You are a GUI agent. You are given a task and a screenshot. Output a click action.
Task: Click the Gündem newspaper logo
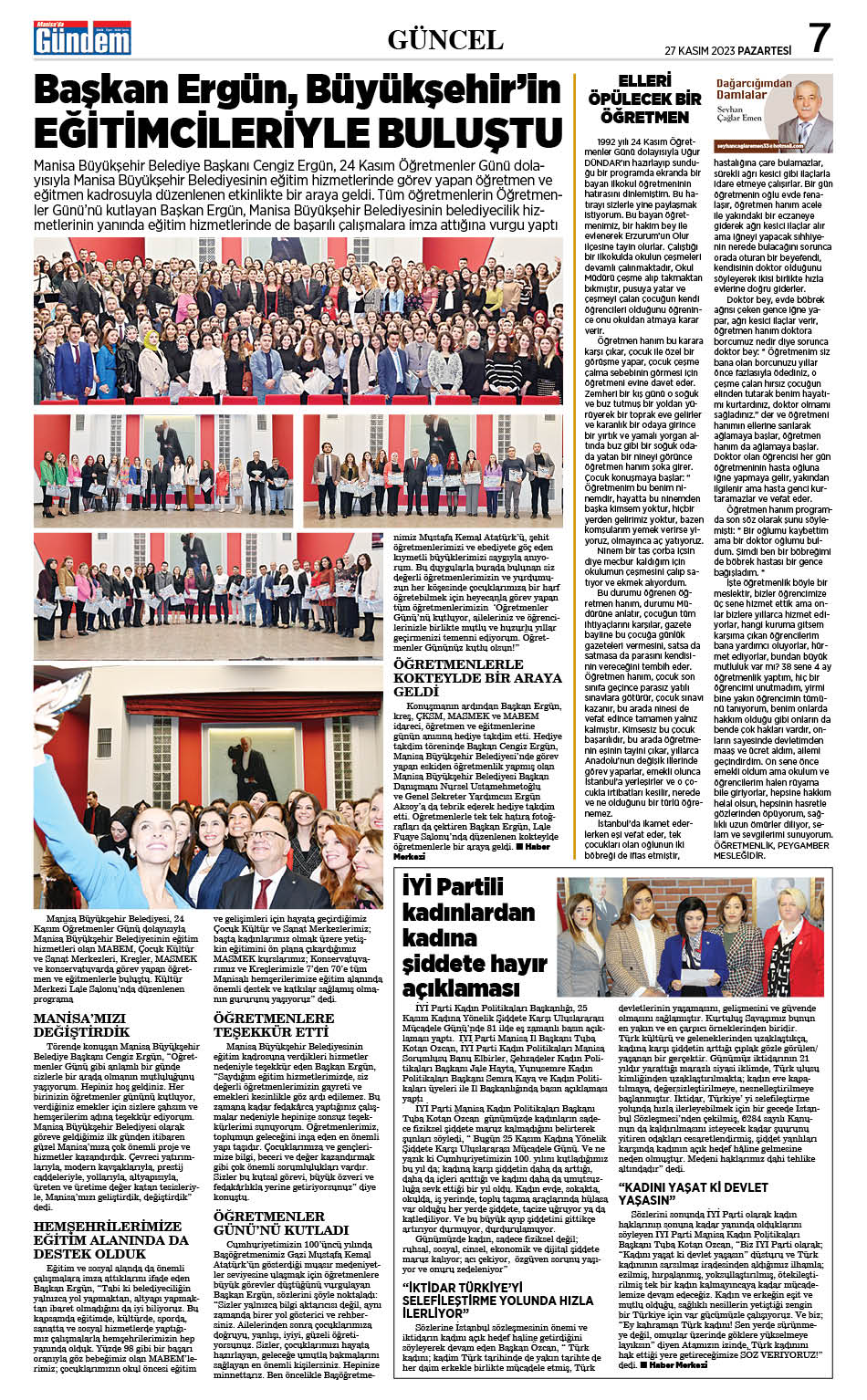click(x=82, y=39)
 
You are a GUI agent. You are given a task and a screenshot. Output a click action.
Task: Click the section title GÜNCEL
click(x=444, y=39)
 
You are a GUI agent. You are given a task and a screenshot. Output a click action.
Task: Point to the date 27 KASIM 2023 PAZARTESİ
click(x=727, y=51)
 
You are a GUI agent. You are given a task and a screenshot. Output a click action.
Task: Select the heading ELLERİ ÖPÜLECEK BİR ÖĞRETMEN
click(x=644, y=99)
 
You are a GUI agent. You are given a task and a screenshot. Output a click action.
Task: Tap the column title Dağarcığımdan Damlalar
click(x=742, y=89)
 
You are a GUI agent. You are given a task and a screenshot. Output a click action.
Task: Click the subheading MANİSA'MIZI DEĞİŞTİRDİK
click(x=81, y=1025)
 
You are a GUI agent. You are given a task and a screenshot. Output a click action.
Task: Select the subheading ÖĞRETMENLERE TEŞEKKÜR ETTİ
click(x=274, y=1025)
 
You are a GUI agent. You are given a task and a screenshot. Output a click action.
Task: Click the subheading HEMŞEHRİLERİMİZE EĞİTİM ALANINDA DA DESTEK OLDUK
click(x=110, y=1240)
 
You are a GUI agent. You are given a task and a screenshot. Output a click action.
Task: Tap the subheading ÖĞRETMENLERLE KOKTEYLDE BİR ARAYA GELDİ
click(x=477, y=677)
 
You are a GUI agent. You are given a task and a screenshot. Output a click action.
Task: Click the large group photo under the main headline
click(x=298, y=320)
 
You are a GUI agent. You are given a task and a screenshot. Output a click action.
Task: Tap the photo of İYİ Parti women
click(x=691, y=936)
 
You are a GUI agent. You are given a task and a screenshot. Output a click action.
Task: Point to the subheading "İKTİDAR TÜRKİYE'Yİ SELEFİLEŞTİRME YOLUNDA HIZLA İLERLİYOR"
click(x=498, y=1300)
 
